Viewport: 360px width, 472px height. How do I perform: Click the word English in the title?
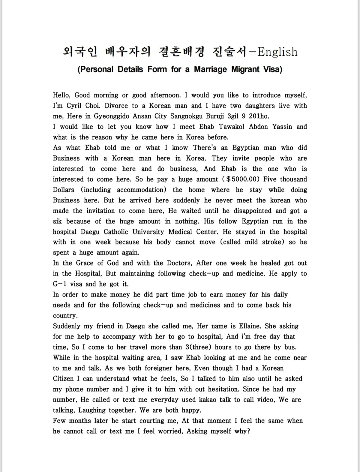point(277,52)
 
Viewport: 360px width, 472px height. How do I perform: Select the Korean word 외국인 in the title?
point(80,52)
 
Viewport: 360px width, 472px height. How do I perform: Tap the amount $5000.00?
point(243,179)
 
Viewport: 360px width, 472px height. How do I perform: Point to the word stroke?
point(273,242)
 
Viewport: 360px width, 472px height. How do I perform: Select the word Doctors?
point(179,263)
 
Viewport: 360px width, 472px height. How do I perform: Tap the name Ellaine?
point(249,326)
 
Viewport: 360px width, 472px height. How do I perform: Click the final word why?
point(242,431)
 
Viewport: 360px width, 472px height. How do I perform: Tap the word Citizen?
point(63,379)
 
